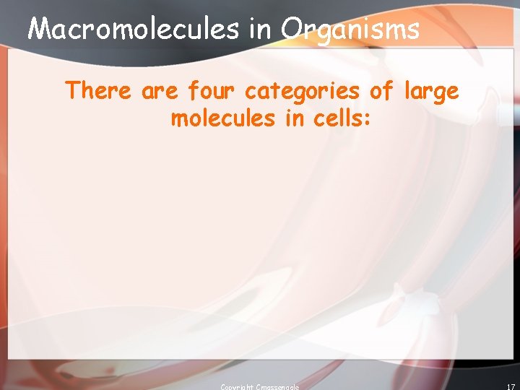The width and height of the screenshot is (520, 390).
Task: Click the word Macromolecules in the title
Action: pos(133,29)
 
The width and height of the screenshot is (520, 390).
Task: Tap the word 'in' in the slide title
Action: pos(259,29)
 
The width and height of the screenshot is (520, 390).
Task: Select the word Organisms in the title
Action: pos(350,30)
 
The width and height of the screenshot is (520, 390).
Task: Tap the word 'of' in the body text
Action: pos(382,92)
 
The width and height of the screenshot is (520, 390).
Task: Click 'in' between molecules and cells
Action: pos(295,118)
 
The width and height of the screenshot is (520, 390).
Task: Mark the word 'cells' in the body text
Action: pos(338,118)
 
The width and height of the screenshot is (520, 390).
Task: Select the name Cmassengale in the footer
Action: pos(277,387)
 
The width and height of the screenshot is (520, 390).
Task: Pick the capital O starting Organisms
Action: pos(292,29)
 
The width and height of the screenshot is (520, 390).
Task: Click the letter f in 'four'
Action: pos(193,92)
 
